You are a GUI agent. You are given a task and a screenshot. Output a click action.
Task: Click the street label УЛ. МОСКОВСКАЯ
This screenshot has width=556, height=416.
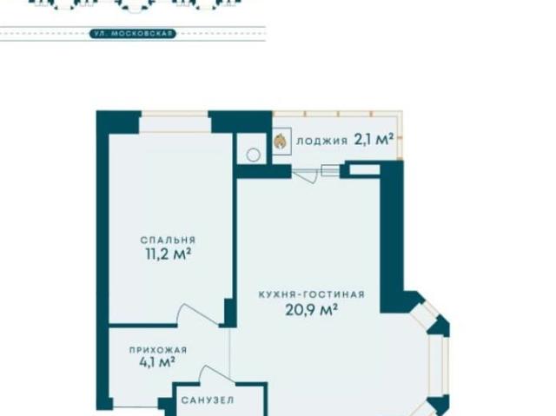point(133,34)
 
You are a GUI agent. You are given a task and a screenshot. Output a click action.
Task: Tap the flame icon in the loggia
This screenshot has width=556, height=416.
point(280,141)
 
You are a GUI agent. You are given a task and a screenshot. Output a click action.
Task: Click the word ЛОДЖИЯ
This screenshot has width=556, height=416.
point(321,141)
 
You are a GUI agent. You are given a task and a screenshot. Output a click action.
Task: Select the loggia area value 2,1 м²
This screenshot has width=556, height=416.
point(374,140)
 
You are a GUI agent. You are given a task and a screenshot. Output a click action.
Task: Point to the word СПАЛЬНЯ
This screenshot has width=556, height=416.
point(168,240)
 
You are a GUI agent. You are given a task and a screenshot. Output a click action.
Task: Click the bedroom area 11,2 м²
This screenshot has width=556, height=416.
point(169,254)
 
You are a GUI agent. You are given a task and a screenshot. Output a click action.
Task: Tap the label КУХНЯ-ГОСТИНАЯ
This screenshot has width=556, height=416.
point(311,294)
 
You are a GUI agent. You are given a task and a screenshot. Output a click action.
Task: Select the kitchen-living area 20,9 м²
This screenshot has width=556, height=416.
point(311,310)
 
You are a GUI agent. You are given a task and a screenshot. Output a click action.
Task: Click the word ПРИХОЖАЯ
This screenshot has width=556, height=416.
point(158,350)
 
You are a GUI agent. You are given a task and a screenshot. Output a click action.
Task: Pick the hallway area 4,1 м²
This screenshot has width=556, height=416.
point(157,362)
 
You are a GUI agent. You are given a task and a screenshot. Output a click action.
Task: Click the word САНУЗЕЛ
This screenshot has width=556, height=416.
point(208,400)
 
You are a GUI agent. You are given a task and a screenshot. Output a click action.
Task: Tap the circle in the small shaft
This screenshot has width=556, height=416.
point(253,155)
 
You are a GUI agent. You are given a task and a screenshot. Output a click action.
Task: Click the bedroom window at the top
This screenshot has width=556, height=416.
point(175,122)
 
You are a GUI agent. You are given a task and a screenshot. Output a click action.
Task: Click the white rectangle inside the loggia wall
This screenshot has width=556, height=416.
point(365,169)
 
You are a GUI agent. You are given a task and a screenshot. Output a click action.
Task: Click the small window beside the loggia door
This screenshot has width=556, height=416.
point(330,170)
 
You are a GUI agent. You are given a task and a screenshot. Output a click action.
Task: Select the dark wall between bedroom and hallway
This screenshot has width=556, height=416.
point(142,325)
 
